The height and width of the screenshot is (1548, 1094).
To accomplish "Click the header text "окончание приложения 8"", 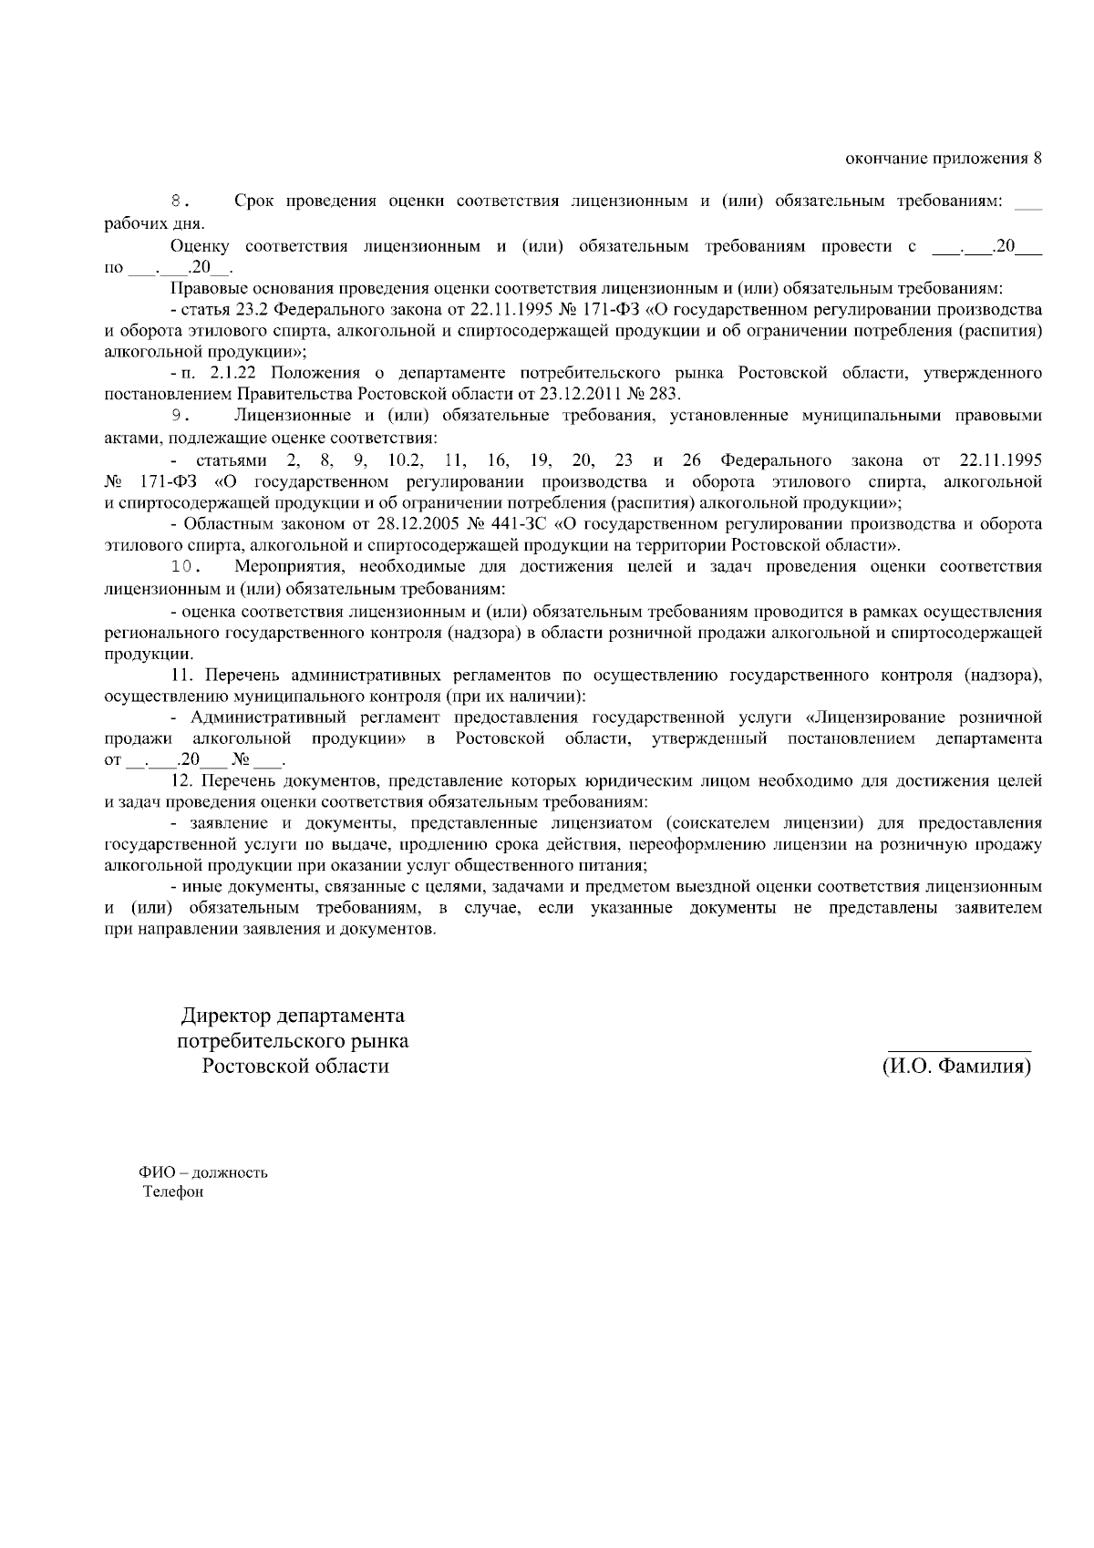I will click(x=943, y=160).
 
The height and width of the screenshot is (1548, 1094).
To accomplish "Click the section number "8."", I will click(x=181, y=201).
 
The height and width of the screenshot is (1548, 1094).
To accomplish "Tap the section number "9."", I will click(x=181, y=417).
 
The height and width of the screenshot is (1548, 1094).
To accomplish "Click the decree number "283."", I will click(x=665, y=395).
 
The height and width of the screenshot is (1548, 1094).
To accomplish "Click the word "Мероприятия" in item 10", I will click(x=287, y=567).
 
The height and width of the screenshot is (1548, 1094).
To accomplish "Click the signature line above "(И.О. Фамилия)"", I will click(x=959, y=1050).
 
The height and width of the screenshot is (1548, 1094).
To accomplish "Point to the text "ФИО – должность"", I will click(x=202, y=1172).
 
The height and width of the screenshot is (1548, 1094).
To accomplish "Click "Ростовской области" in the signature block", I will click(x=295, y=1066).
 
